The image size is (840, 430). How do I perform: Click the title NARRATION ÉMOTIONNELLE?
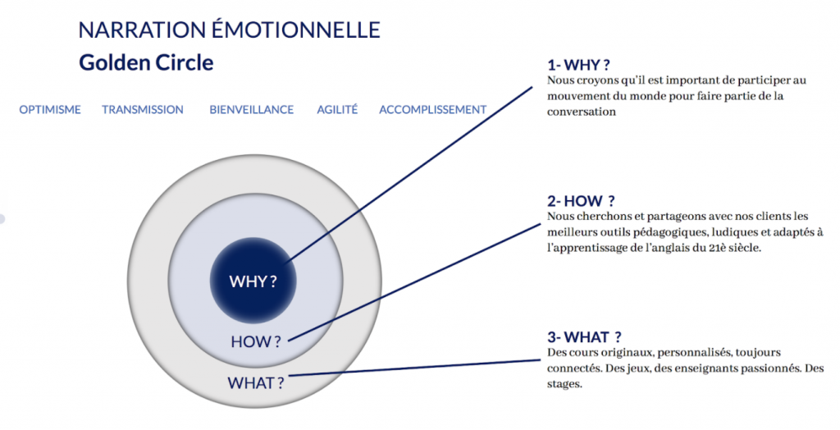click(x=229, y=31)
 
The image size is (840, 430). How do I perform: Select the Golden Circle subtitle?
click(x=146, y=62)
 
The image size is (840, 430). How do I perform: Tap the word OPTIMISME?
click(x=50, y=110)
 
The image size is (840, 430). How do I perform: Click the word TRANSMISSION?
click(x=143, y=110)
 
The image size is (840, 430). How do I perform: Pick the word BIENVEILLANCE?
click(x=251, y=110)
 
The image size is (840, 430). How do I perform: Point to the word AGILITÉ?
click(x=337, y=110)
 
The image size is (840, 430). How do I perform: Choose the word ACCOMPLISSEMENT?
click(x=432, y=110)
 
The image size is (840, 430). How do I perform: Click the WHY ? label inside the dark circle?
click(x=253, y=281)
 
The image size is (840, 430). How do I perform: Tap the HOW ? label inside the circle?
click(x=255, y=341)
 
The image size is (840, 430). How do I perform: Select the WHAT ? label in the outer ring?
click(x=255, y=382)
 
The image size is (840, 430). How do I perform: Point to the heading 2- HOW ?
click(x=581, y=201)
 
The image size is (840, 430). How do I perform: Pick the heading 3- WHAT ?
click(x=583, y=337)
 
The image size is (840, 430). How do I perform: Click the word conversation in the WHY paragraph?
click(x=582, y=112)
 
